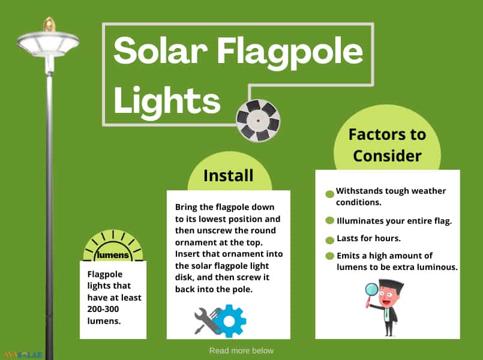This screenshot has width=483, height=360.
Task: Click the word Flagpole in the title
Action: tap(290, 52)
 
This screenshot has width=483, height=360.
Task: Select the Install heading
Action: tap(228, 176)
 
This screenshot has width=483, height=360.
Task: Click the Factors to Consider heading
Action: tap(387, 145)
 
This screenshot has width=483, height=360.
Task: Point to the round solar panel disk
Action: tap(258, 121)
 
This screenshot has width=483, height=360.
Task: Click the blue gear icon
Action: tap(229, 321)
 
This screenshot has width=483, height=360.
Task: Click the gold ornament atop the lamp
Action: tap(49, 25)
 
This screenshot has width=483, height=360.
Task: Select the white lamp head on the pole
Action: tap(48, 44)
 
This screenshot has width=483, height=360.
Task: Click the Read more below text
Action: tap(241, 350)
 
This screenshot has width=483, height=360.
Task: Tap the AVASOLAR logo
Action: tap(23, 355)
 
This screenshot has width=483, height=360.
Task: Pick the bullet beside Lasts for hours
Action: tap(329, 240)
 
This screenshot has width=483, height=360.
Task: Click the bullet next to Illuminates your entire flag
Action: tap(329, 220)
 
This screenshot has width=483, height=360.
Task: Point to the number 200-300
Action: tap(103, 309)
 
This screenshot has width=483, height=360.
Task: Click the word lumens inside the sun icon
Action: tap(113, 255)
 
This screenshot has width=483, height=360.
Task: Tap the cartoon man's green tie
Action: tap(386, 313)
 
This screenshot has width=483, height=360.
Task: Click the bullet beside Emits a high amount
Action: tap(329, 256)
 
